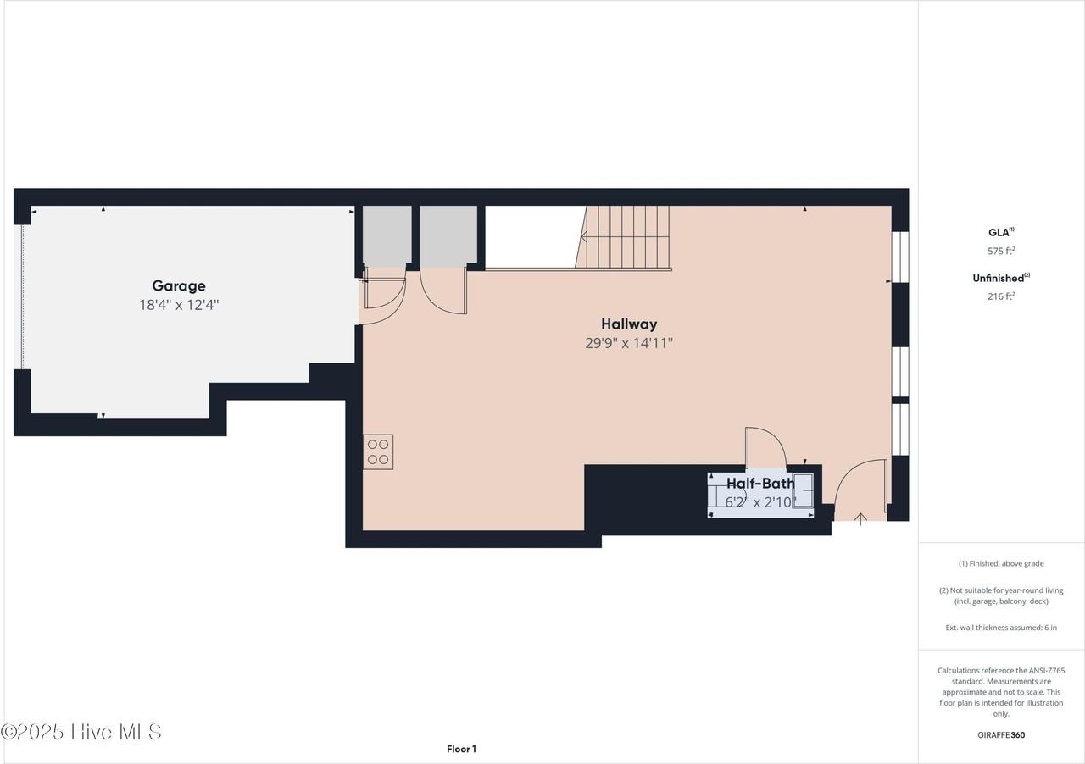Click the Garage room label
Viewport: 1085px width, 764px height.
179,286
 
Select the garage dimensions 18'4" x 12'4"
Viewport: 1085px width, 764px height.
179,305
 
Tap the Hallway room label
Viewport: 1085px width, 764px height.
629,324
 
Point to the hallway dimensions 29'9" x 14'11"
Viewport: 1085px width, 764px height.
629,343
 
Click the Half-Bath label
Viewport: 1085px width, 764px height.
760,484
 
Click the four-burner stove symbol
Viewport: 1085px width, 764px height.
378,451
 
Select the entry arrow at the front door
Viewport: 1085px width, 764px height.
861,518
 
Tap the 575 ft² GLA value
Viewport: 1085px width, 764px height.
1001,251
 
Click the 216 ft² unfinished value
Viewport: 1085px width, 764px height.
1001,296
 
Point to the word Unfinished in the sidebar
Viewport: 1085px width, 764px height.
999,278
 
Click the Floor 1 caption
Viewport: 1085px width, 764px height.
461,749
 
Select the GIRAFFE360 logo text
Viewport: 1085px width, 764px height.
1001,735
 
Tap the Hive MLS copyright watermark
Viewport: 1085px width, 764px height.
81,732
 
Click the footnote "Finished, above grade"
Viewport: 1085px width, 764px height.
1001,563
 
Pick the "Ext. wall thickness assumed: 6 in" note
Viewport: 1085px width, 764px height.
1001,628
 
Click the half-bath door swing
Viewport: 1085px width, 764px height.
765,447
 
